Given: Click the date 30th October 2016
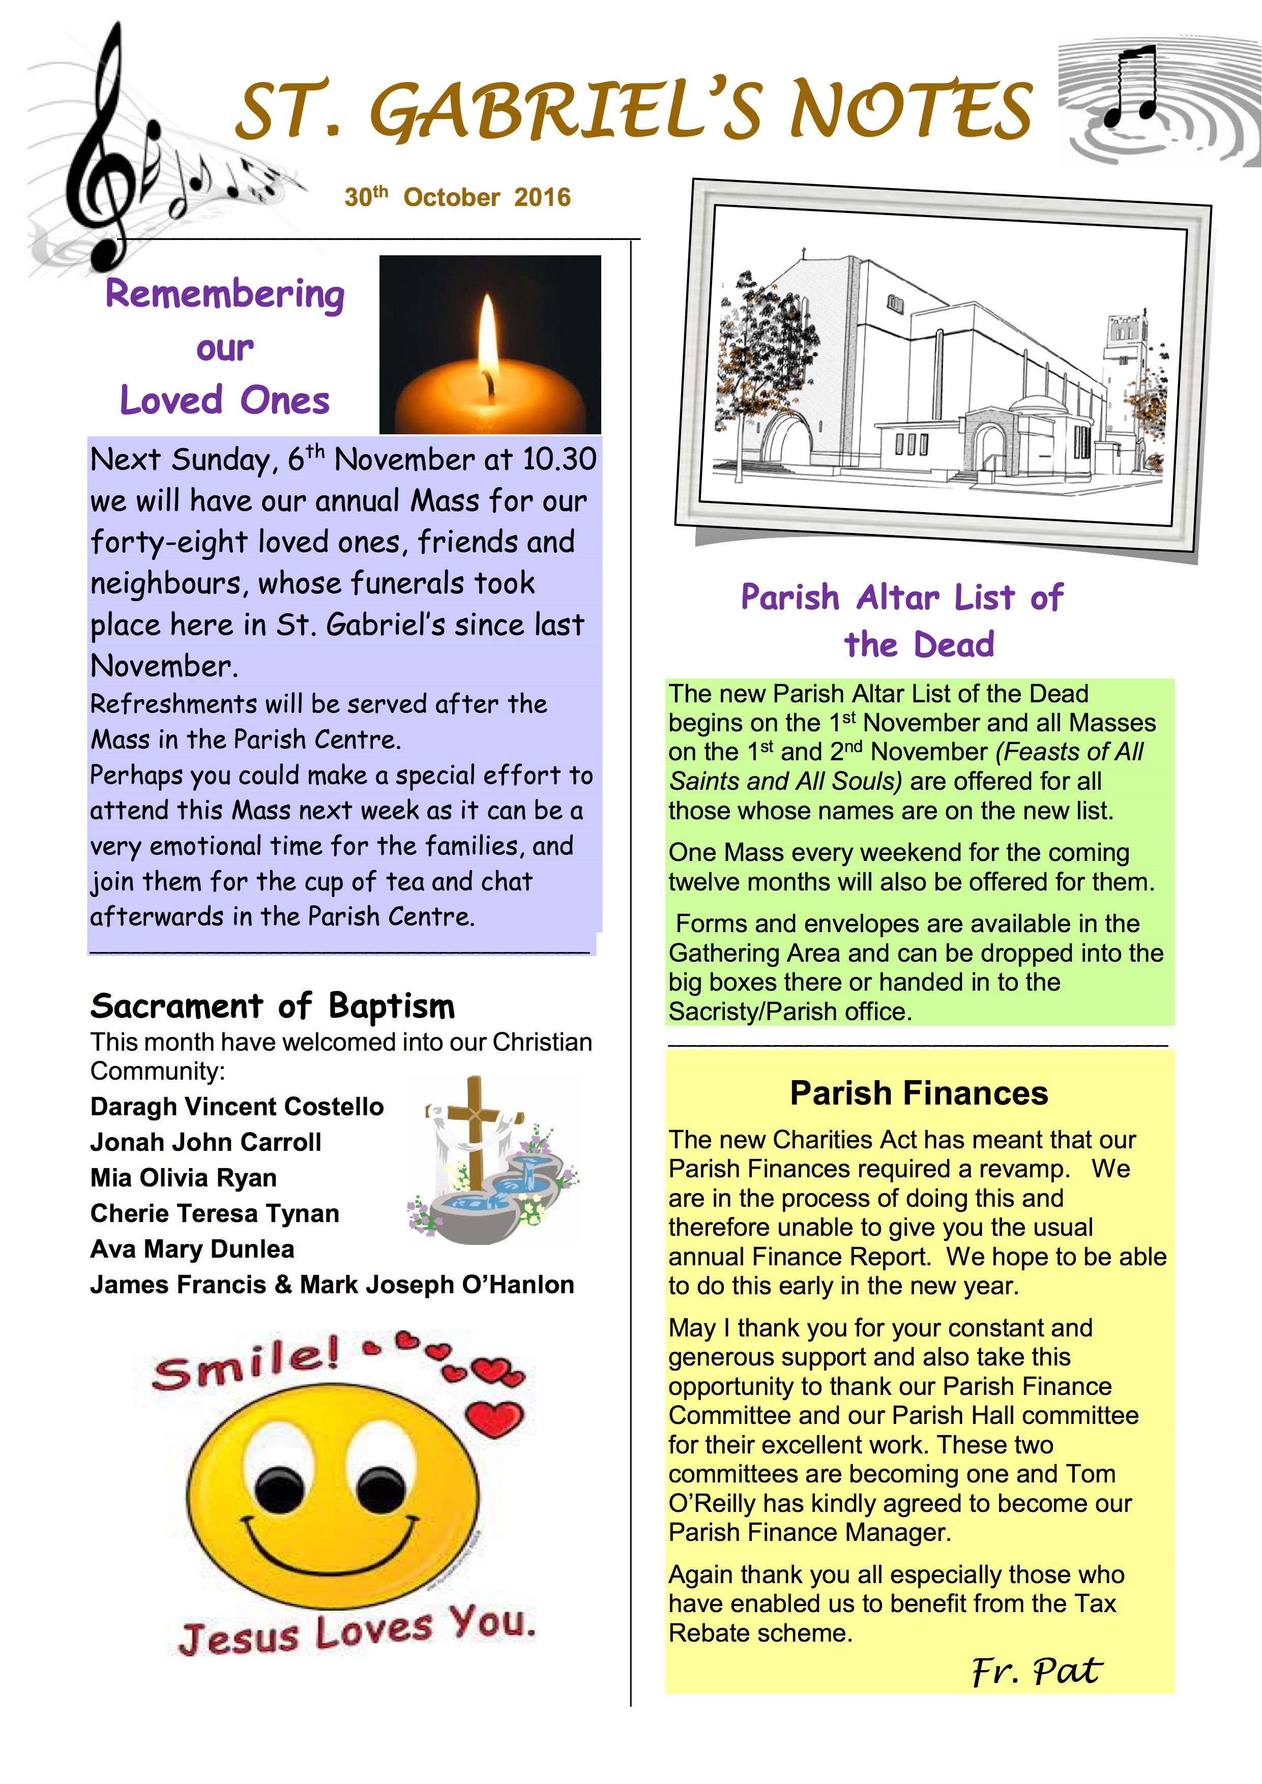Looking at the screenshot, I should click(458, 197).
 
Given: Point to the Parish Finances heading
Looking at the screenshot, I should click(919, 1093).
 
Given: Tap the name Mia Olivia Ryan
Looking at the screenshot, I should click(184, 1178).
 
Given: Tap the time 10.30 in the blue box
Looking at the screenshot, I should click(559, 459).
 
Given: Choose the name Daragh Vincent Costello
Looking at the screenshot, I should click(237, 1107).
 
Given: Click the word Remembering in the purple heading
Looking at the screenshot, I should click(225, 294).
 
